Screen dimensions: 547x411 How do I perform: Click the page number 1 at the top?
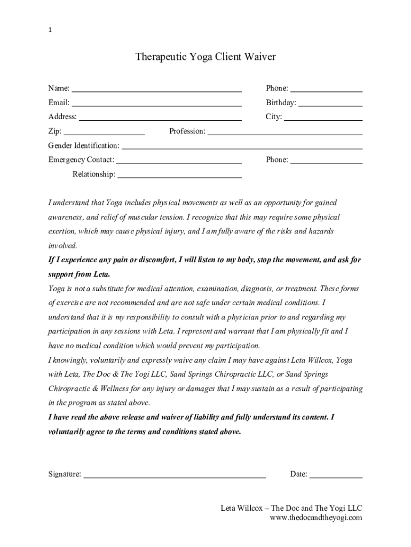[x=50, y=30]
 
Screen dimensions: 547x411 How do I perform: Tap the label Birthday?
[x=281, y=103]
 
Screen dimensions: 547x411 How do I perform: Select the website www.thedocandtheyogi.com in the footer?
[x=316, y=518]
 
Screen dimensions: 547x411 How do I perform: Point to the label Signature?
[x=65, y=474]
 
